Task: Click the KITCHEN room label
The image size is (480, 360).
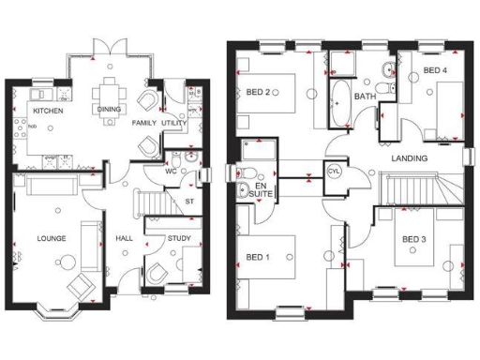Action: click(x=49, y=111)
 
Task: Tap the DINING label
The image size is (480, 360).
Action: click(x=108, y=111)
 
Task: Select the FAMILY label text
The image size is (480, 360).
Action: click(x=144, y=123)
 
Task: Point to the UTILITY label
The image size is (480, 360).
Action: click(x=175, y=123)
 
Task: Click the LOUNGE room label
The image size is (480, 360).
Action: click(x=52, y=239)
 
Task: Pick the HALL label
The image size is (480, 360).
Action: click(x=124, y=239)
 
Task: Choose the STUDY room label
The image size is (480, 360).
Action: click(x=179, y=239)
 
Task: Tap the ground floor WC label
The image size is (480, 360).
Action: click(x=171, y=172)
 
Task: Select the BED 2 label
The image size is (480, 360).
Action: click(x=259, y=92)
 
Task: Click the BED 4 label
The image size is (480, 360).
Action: click(x=435, y=70)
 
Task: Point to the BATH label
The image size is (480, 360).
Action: click(x=365, y=96)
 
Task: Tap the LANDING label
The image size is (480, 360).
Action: click(x=410, y=158)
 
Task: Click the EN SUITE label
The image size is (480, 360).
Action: click(x=263, y=191)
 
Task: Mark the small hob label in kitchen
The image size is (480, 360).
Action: click(x=32, y=126)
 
